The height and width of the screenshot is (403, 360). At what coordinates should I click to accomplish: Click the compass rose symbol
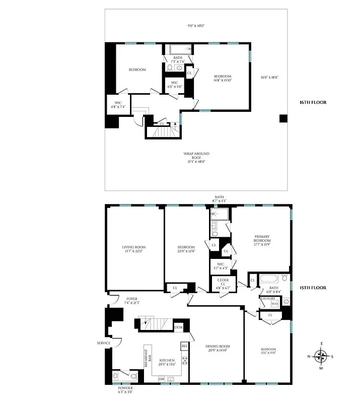coord(321,357)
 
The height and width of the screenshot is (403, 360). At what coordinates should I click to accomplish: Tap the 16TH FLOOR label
coord(313,102)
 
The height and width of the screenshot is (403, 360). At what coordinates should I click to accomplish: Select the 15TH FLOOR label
coord(313,288)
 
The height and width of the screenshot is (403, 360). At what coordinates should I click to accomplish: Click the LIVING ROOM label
coord(134,249)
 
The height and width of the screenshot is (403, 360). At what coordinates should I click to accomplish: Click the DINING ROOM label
coord(218,349)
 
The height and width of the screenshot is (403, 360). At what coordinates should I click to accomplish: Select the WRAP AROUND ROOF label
coord(196,157)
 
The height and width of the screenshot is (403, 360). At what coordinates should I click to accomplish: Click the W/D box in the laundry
coord(275,304)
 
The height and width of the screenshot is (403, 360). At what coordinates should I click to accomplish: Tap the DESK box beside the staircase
coord(178,327)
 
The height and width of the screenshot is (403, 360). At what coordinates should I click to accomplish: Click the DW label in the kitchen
coord(161,379)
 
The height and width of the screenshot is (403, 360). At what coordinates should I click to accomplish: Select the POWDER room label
coord(126,390)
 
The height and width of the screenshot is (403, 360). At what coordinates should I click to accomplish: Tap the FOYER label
coord(131,301)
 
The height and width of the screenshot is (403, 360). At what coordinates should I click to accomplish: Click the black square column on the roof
coord(283,118)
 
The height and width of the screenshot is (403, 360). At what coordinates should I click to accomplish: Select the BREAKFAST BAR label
coord(149,361)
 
